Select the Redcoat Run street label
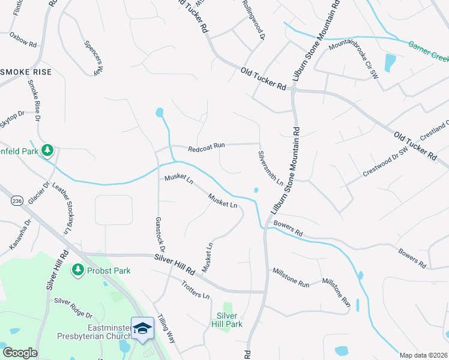point(206,145)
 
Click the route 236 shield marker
point(17,202)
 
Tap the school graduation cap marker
point(143,328)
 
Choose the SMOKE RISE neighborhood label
point(26,71)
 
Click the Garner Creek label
point(429,52)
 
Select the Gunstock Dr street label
point(160,235)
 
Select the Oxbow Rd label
point(23,40)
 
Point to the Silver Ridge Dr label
point(73,307)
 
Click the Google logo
point(20,353)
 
